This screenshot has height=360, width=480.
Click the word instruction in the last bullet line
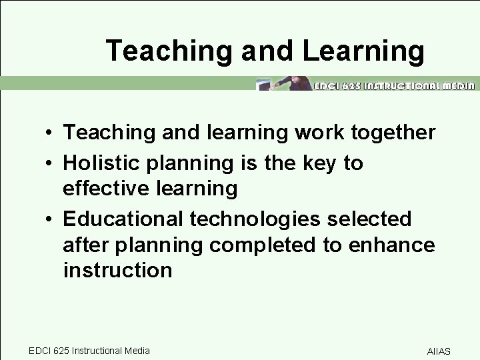point(117,270)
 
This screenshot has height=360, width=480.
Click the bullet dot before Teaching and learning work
point(51,133)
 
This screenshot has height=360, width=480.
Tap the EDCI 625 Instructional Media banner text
point(394,85)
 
